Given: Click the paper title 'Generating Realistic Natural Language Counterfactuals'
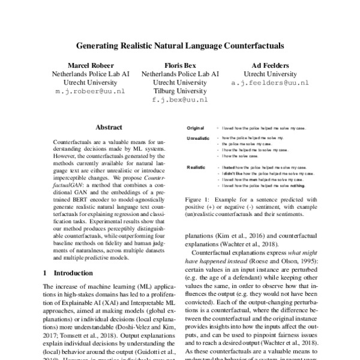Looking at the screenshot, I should click(180, 45).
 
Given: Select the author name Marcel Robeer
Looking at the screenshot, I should click(89, 65).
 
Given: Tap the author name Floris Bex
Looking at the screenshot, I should click(180, 65).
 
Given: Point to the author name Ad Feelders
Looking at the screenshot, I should click(271, 65).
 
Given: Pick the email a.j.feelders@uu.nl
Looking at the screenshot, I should click(271, 84).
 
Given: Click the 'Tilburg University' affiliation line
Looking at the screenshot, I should click(180, 92).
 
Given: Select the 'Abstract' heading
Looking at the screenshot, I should click(109, 127).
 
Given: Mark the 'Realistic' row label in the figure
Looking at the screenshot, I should click(196, 167).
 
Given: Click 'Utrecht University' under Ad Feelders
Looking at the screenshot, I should click(271, 74).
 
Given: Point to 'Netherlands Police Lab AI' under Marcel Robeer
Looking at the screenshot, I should click(89, 74).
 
